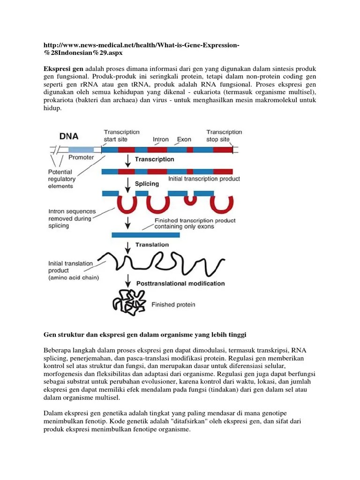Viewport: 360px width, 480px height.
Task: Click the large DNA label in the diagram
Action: click(69, 136)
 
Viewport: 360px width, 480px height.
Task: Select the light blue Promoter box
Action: click(81, 150)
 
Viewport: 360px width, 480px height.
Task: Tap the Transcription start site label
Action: click(122, 136)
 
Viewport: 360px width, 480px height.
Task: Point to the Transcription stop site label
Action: click(224, 136)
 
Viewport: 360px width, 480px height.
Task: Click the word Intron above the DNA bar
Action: click(161, 140)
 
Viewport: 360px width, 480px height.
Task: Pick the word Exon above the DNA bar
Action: click(184, 140)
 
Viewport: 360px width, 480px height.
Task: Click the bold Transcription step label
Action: click(154, 159)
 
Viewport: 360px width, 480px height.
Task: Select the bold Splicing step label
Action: click(147, 184)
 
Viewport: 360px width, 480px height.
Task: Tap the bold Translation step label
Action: click(152, 245)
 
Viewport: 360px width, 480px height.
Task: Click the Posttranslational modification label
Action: click(180, 284)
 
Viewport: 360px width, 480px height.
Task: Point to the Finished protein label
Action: click(173, 305)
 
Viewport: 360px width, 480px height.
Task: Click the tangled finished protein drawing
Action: click(127, 302)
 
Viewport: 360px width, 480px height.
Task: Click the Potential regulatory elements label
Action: click(61, 179)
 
